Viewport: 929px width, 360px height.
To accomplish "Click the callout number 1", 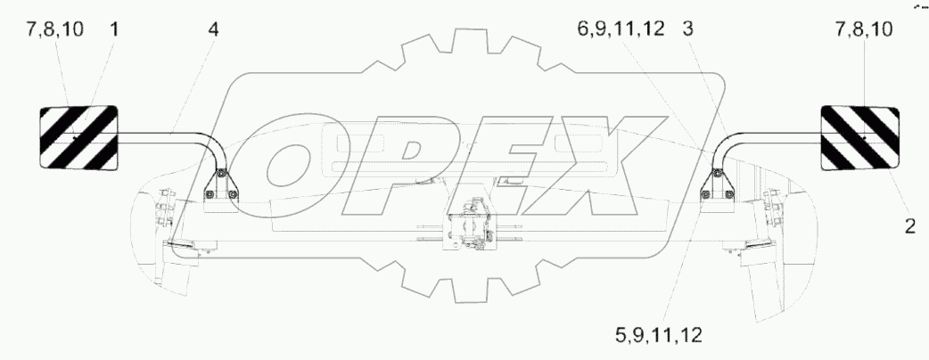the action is pyautogui.click(x=113, y=29).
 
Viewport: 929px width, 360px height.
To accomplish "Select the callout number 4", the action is pyautogui.click(x=213, y=29).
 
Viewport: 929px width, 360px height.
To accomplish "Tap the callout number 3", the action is pyautogui.click(x=687, y=29).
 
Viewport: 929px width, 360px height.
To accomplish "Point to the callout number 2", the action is pyautogui.click(x=909, y=225).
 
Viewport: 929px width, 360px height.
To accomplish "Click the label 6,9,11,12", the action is pyautogui.click(x=621, y=29).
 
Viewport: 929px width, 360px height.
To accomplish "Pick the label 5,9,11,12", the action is pyautogui.click(x=658, y=336).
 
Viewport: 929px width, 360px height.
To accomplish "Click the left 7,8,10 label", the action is pyautogui.click(x=54, y=29).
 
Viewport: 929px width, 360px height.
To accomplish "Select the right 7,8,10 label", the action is pyautogui.click(x=864, y=29).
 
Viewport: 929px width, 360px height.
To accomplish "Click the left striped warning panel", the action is pyautogui.click(x=78, y=138).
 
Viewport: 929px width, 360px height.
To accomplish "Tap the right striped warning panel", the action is pyautogui.click(x=859, y=138).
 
